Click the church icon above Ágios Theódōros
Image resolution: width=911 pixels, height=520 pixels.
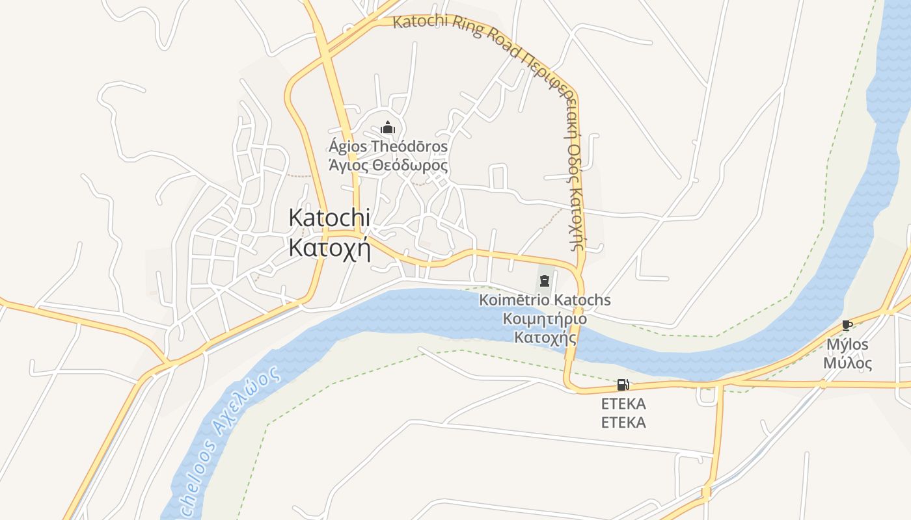[x=388, y=127]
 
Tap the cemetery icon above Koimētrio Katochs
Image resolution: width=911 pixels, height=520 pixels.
[x=544, y=281]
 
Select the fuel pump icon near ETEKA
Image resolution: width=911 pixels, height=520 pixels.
[x=623, y=385]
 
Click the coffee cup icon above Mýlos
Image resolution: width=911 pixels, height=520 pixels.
[x=847, y=325]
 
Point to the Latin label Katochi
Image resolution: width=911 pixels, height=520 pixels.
[x=329, y=218]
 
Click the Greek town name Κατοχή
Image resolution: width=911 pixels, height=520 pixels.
[x=329, y=248]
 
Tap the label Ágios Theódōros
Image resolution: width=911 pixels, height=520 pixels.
[x=388, y=146]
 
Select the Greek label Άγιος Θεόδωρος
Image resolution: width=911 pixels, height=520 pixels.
[x=388, y=165]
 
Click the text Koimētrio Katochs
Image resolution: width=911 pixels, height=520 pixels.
[x=545, y=300]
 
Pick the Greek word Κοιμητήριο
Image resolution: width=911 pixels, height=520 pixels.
[x=545, y=319]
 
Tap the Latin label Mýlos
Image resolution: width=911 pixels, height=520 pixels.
[x=847, y=344]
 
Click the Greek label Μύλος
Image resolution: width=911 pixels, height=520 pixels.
[x=847, y=363]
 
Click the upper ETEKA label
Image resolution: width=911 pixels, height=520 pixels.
[x=623, y=404]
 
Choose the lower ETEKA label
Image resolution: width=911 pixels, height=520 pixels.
[x=623, y=422]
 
